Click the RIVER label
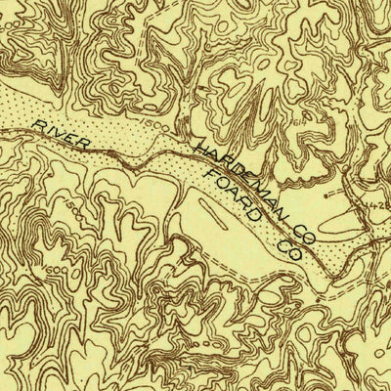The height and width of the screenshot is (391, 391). pos(61,135)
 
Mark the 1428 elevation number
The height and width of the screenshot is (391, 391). pos(376,199)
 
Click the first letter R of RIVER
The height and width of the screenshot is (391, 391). pos(36,125)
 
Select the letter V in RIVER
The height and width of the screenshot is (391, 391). pos(60,135)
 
